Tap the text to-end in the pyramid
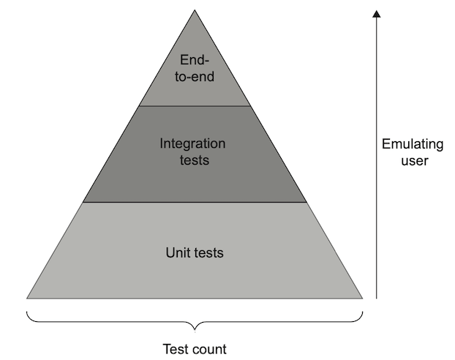(x=195, y=75)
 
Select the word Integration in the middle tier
(x=193, y=143)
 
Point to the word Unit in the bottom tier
(x=178, y=253)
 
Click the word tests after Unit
(x=208, y=253)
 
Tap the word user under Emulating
(x=415, y=160)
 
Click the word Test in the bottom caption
(x=174, y=348)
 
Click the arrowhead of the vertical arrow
(x=377, y=14)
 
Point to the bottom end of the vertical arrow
(x=377, y=298)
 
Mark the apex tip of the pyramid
(x=195, y=10)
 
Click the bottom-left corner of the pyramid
(x=27, y=298)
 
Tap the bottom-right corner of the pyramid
(x=362, y=298)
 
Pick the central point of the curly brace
(x=195, y=327)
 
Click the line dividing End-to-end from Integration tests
(x=195, y=106)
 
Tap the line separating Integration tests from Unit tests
(x=195, y=202)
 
